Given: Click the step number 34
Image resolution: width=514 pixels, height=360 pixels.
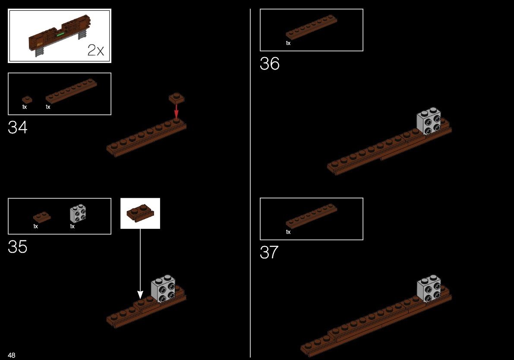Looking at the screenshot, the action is pyautogui.click(x=17, y=127).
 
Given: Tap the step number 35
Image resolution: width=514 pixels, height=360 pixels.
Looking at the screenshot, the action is pyautogui.click(x=17, y=246).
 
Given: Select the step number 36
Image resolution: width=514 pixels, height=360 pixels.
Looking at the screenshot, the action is pyautogui.click(x=269, y=63).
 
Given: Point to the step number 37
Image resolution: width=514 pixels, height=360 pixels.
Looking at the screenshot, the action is pyautogui.click(x=269, y=252).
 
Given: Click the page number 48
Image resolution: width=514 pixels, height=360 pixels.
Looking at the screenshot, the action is pyautogui.click(x=12, y=355).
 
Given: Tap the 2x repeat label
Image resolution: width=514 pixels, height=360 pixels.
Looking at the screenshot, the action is pyautogui.click(x=96, y=50).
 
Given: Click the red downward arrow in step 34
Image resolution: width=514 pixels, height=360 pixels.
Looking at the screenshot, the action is pyautogui.click(x=177, y=111).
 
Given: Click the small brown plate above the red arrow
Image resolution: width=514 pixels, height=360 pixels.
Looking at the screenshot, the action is pyautogui.click(x=177, y=98).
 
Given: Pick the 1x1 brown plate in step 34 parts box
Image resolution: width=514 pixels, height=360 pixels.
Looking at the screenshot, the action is pyautogui.click(x=27, y=100).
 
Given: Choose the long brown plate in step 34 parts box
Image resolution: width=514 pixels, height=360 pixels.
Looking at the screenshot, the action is pyautogui.click(x=71, y=91).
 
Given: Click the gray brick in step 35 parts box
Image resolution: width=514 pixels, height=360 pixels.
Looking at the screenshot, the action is pyautogui.click(x=78, y=213).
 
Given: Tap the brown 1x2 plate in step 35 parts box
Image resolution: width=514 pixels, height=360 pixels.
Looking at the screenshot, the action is pyautogui.click(x=42, y=217).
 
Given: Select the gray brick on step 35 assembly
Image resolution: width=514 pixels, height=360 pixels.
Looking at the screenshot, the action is pyautogui.click(x=163, y=288).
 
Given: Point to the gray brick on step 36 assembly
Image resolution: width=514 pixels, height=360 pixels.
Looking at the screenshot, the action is pyautogui.click(x=429, y=121).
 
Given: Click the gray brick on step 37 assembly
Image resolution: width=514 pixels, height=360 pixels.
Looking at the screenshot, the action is pyautogui.click(x=429, y=288).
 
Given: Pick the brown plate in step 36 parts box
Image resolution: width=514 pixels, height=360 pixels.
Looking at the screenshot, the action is pyautogui.click(x=312, y=27).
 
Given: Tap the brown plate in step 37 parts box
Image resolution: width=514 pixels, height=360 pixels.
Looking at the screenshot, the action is pyautogui.click(x=312, y=216).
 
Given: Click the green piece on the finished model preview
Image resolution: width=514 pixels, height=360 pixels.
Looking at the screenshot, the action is pyautogui.click(x=60, y=34).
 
